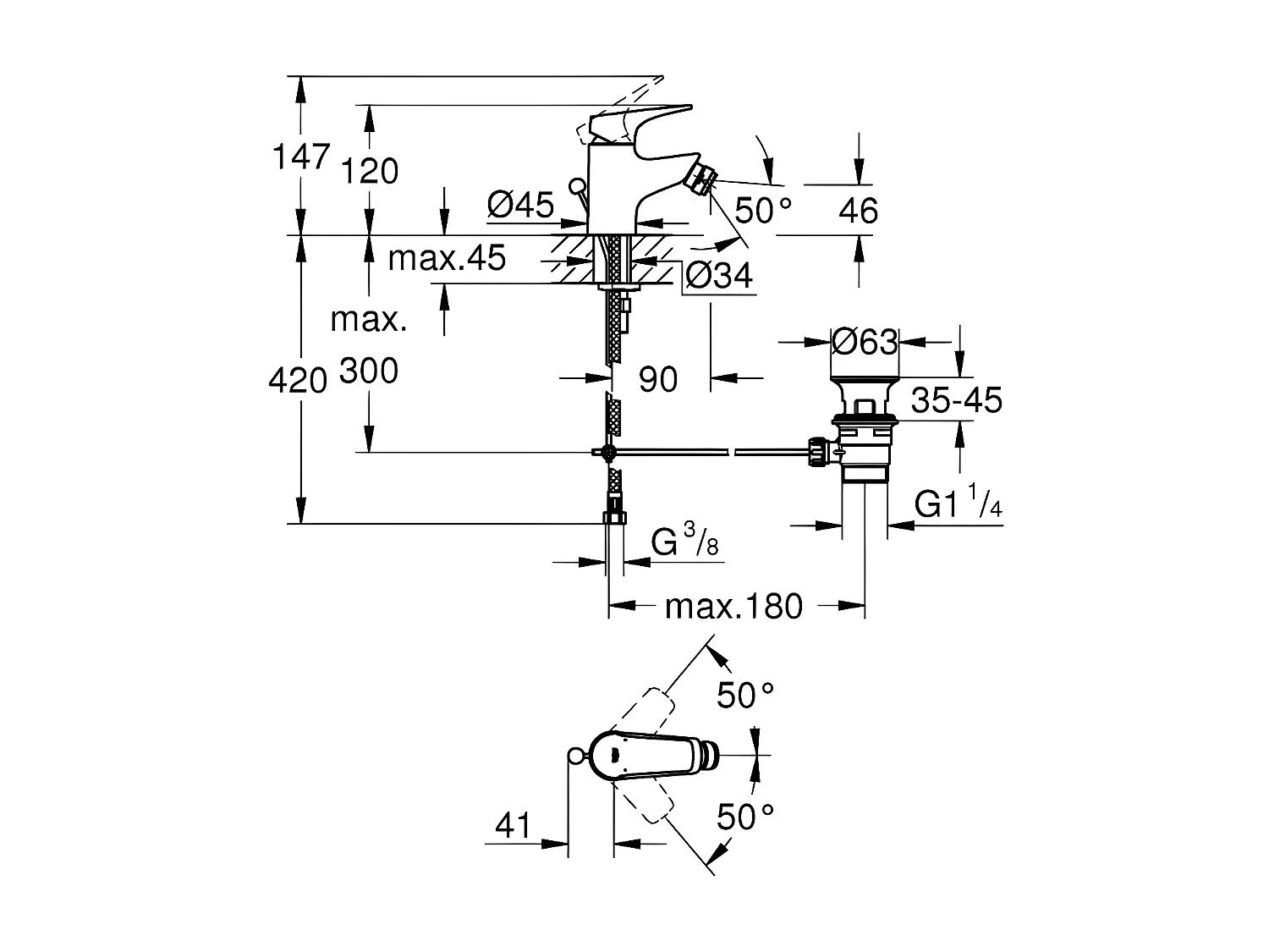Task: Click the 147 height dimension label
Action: pos(299,157)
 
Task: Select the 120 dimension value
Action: pos(370,172)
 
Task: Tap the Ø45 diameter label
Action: pos(521,204)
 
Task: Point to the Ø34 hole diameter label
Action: pos(718,275)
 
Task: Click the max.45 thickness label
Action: pos(446,257)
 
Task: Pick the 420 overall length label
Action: pos(298,381)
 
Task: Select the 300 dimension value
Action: pos(369,371)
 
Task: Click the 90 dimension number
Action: pos(658,380)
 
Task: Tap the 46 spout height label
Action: pos(858,211)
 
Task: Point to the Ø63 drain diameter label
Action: pos(864,342)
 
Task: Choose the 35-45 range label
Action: pos(956,400)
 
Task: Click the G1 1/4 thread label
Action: pos(959,505)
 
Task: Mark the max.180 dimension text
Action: pos(733,606)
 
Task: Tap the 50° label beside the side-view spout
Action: pos(763,210)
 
